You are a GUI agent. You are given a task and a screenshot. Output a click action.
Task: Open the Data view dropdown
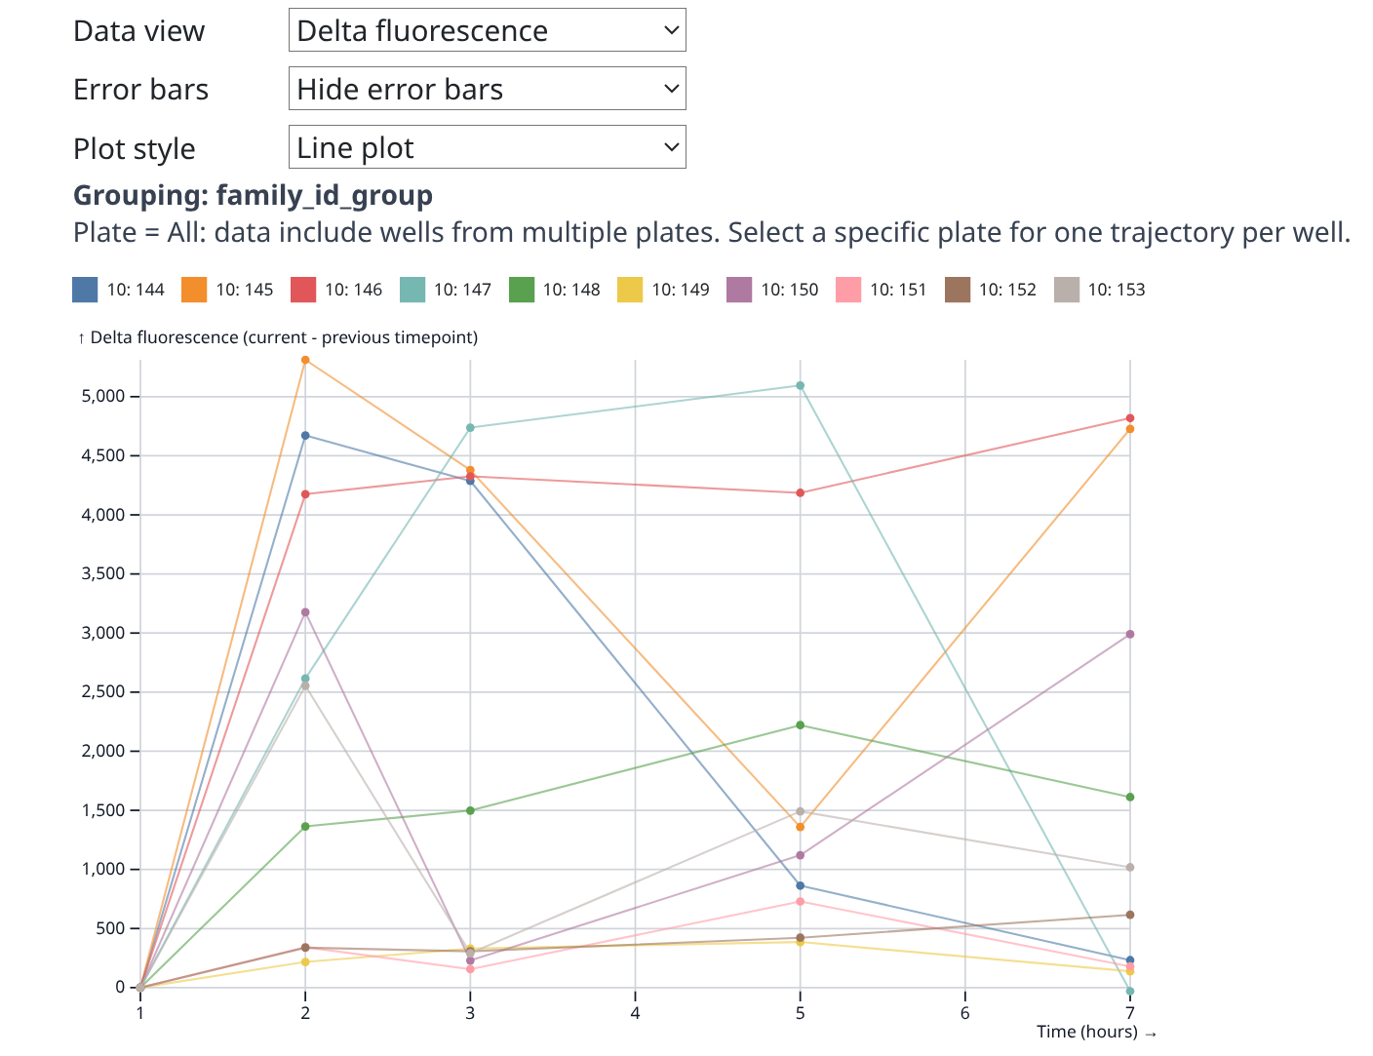click(487, 30)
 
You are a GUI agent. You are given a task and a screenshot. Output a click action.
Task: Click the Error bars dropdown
click(487, 89)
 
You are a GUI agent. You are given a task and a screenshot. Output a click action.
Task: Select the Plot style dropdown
click(487, 147)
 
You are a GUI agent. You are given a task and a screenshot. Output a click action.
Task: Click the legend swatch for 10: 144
click(85, 290)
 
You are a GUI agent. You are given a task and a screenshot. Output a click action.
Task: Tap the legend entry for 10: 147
click(462, 290)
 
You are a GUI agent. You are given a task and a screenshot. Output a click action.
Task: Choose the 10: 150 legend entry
click(789, 290)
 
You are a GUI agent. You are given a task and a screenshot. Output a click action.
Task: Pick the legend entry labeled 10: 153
click(1116, 290)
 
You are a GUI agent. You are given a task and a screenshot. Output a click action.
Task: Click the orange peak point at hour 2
click(305, 361)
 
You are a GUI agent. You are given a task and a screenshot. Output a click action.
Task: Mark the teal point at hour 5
click(801, 386)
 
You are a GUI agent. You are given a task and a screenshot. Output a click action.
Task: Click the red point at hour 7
click(1130, 418)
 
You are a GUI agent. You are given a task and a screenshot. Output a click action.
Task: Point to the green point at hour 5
click(801, 725)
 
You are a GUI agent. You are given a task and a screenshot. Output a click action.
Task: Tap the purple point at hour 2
click(305, 612)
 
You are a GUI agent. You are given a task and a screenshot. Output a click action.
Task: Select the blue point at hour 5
click(801, 885)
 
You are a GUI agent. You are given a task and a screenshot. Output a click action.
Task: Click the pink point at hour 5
click(801, 902)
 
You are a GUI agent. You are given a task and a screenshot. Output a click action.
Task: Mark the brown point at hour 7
click(1130, 915)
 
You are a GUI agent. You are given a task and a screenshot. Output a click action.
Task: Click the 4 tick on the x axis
click(635, 1013)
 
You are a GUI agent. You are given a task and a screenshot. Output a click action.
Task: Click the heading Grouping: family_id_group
click(253, 195)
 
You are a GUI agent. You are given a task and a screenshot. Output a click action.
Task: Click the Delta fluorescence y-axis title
click(278, 337)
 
